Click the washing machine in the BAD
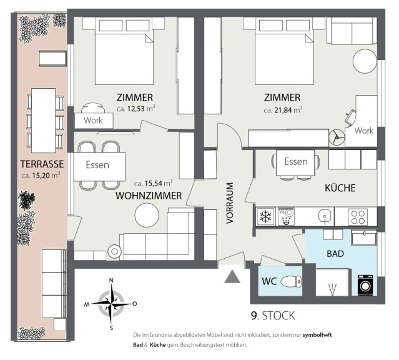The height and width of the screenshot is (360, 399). pos(365,285)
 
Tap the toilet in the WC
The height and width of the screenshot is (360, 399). pos(291,281)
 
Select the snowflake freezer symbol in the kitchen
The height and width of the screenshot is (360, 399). pos(266,216)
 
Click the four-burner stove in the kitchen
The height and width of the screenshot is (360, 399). pos(358,217)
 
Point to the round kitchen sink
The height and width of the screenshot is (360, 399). pos(325,216)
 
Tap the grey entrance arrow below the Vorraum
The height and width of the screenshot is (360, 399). pos(232,277)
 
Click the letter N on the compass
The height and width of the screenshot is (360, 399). pos(111,281)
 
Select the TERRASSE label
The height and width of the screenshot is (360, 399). pos(42,164)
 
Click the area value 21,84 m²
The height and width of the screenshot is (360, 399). pos(283,110)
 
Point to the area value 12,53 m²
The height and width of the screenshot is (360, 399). pos(136,109)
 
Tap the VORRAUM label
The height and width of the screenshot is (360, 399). pos(230,203)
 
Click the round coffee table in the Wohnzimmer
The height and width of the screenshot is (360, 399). pos(147,215)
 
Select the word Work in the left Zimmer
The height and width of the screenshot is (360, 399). pos(93,120)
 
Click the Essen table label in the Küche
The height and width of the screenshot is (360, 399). pos(296,161)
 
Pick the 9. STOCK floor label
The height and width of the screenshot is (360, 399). pos(273,316)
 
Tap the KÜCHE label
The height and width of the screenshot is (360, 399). pos(340,187)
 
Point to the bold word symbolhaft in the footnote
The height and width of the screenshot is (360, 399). pos(317,335)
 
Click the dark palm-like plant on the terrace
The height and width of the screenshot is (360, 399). pos(26,200)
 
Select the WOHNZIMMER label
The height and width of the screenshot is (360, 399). pos(149,196)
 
